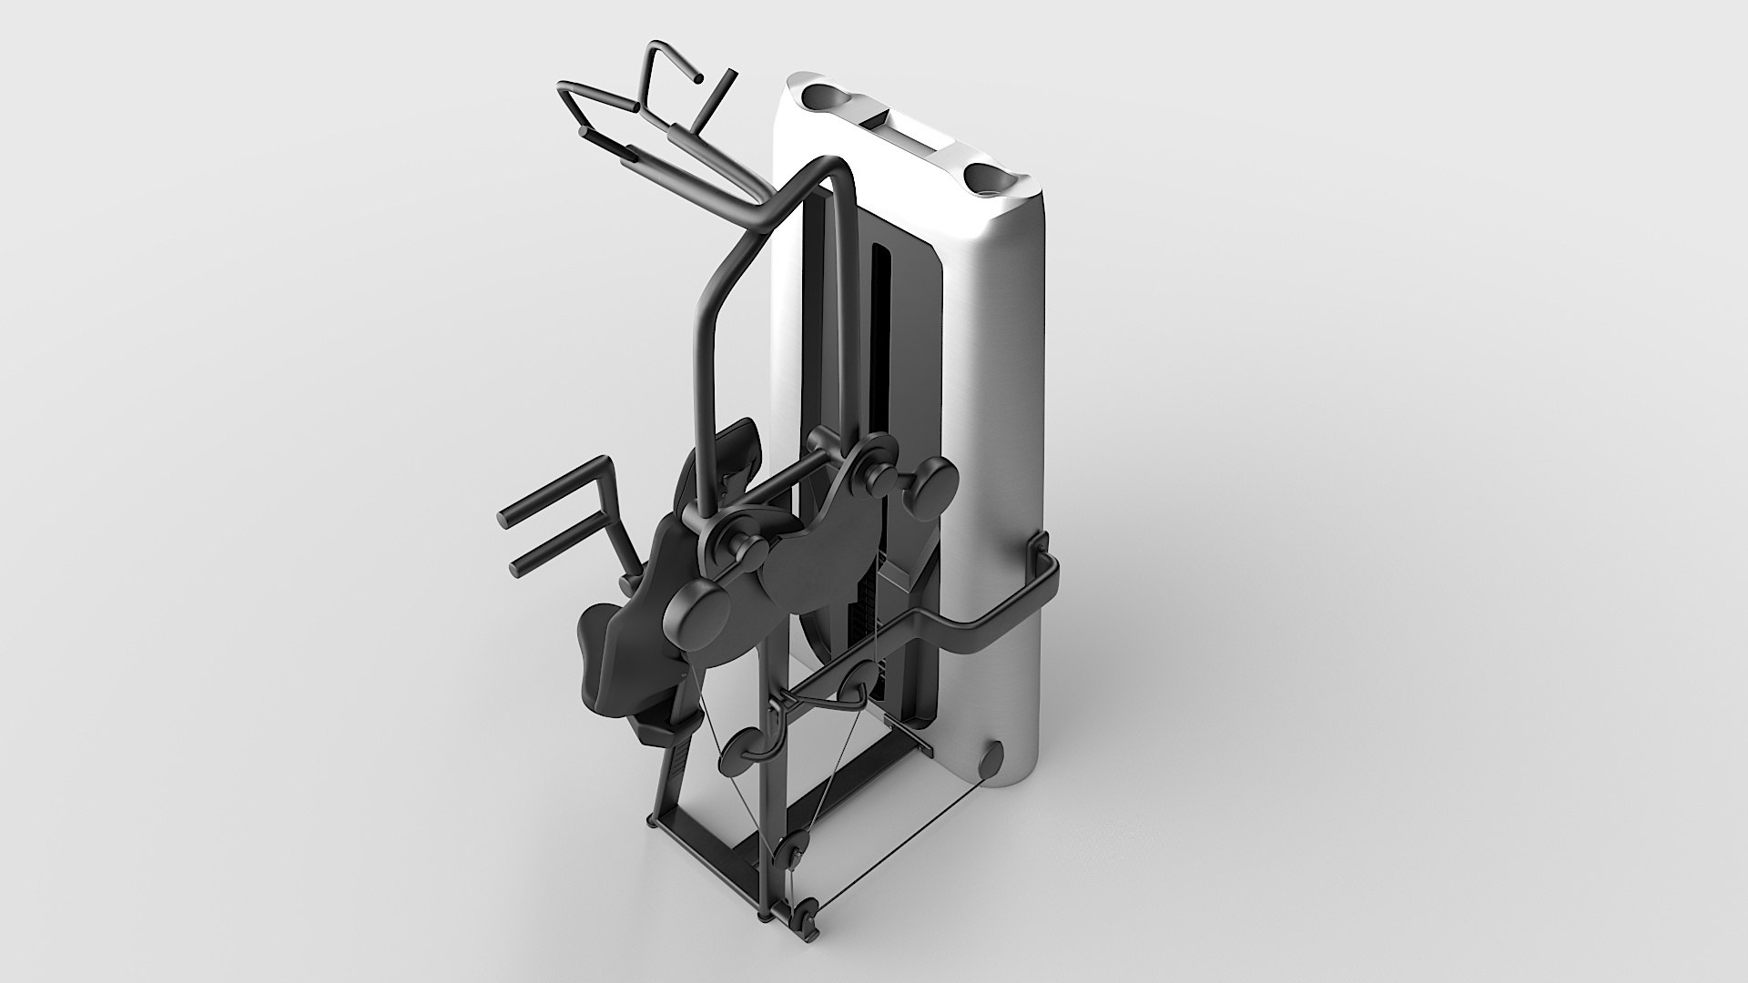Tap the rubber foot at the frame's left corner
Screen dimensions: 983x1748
pyautogui.click(x=651, y=822)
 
